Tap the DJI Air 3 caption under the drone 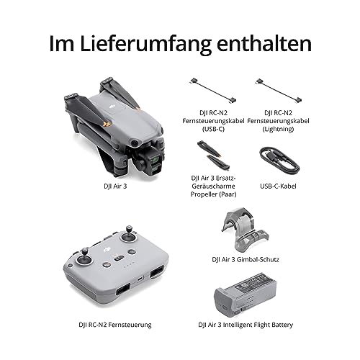point(115,186)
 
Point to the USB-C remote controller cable point(213,91)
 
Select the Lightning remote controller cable point(279,91)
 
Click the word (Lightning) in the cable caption point(278,129)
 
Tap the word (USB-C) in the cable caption point(213,129)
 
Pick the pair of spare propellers point(213,155)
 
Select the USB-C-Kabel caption point(278,186)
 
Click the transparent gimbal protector point(245,229)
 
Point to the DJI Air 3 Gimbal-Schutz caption point(246,259)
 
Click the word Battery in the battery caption point(282,325)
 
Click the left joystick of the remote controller point(84,257)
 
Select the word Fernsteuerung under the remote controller point(130,325)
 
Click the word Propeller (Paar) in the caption point(213,194)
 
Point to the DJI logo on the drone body point(112,106)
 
